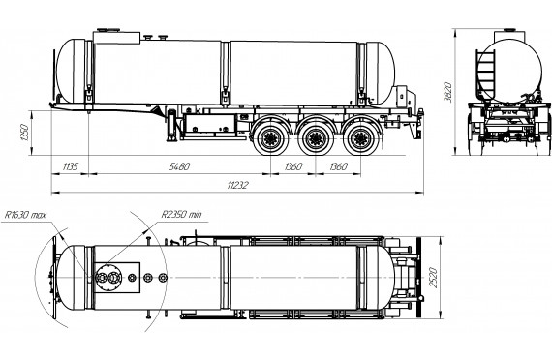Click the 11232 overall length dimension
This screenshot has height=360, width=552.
(x=238, y=185)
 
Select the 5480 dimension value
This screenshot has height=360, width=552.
(x=179, y=166)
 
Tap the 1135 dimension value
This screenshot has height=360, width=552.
(x=70, y=166)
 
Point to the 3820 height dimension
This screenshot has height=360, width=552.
(x=447, y=92)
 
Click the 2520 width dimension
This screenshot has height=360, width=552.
(x=433, y=278)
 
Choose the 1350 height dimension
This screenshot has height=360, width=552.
(x=24, y=133)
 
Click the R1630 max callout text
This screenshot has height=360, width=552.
(x=24, y=215)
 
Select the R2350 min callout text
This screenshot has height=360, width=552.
(x=181, y=214)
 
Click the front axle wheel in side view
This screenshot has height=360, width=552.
(x=270, y=138)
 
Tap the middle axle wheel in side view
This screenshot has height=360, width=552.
(x=315, y=138)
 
